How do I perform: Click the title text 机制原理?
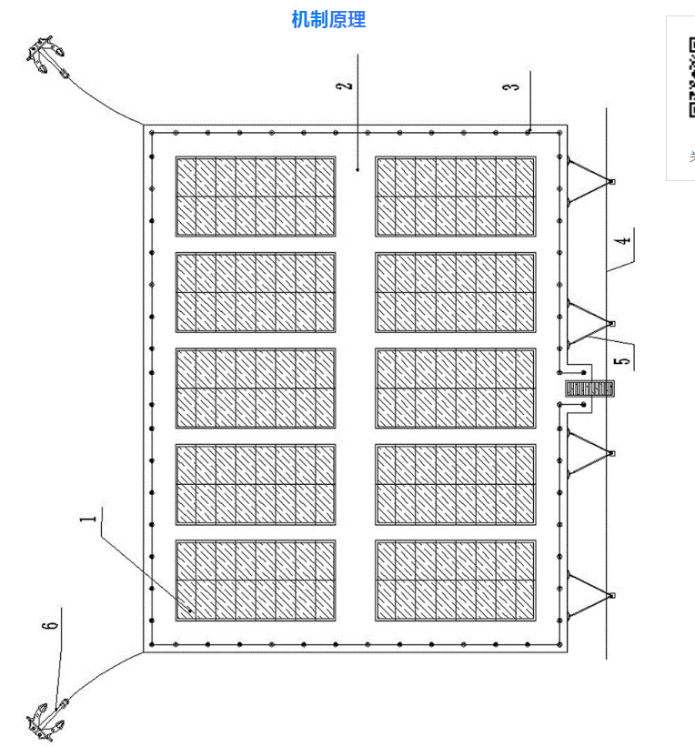328,19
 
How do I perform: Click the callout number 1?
88,520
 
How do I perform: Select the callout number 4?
621,242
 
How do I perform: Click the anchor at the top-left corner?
45,56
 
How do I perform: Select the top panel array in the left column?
256,197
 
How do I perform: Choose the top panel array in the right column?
456,197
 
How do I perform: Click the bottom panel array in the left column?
256,580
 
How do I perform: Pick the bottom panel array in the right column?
456,580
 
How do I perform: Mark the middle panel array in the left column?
256,389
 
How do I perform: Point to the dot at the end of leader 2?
358,168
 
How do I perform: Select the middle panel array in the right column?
456,389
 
